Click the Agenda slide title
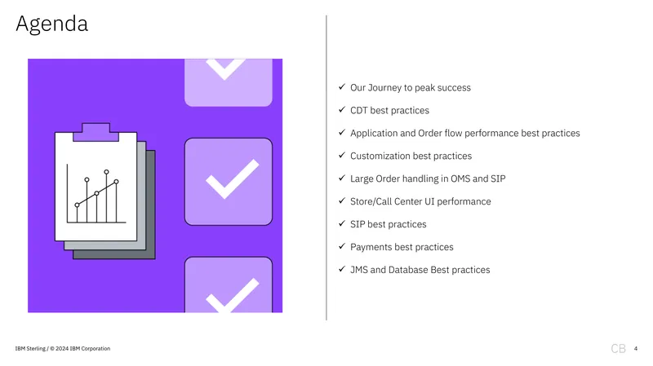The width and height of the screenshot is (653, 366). pyautogui.click(x=52, y=24)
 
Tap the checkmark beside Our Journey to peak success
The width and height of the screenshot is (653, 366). pyautogui.click(x=342, y=86)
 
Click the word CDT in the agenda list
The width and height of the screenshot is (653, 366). pyautogui.click(x=358, y=110)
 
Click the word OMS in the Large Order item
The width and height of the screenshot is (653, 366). pyautogui.click(x=460, y=179)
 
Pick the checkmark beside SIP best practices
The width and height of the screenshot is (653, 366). pyautogui.click(x=342, y=223)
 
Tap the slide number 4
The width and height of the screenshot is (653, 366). pyautogui.click(x=636, y=349)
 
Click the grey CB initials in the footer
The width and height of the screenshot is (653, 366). pyautogui.click(x=618, y=349)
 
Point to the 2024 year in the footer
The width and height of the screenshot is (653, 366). pyautogui.click(x=62, y=349)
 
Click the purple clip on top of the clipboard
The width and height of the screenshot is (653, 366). pyautogui.click(x=96, y=132)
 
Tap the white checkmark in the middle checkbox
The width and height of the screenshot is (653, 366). pyautogui.click(x=233, y=179)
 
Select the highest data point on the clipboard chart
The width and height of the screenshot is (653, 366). pyautogui.click(x=107, y=172)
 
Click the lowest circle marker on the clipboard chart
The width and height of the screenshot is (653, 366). pyautogui.click(x=77, y=205)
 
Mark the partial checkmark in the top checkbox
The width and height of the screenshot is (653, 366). pyautogui.click(x=225, y=68)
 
